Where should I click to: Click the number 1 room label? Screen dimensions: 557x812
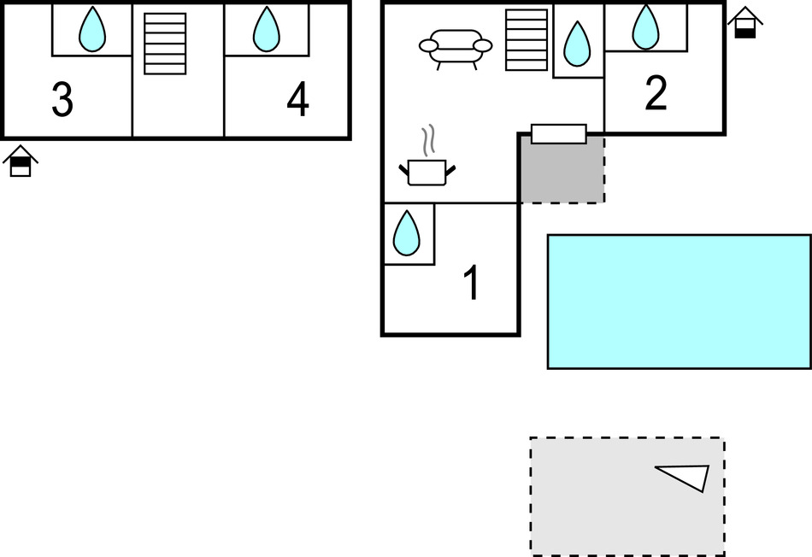[471, 284]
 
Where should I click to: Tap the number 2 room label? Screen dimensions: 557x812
[656, 94]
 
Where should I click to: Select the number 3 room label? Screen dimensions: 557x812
[62, 101]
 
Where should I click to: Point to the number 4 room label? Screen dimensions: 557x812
[297, 101]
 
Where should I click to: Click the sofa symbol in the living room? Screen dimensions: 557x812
[456, 47]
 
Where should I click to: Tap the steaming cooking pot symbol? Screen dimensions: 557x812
[427, 171]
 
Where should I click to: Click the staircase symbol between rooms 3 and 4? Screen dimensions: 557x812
[165, 43]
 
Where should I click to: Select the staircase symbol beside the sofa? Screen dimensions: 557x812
[526, 39]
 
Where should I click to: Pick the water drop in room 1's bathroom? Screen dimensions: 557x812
[407, 232]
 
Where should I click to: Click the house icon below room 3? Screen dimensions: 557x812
[21, 161]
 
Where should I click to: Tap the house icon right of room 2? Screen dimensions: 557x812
[745, 22]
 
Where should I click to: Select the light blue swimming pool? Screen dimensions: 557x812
[679, 302]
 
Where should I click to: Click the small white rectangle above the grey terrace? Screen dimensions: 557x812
[559, 134]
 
